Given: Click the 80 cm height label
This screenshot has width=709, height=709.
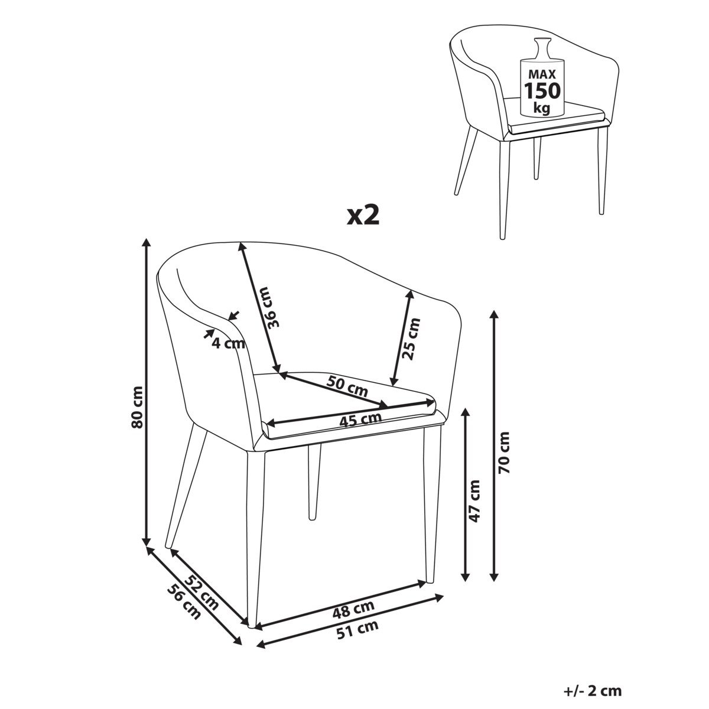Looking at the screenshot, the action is pyautogui.click(x=137, y=407).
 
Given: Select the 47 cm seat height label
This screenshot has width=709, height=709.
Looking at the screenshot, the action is pyautogui.click(x=474, y=501).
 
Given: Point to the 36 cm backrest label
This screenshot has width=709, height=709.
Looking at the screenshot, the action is pyautogui.click(x=272, y=308).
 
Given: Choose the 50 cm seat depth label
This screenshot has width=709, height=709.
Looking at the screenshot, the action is pyautogui.click(x=347, y=386).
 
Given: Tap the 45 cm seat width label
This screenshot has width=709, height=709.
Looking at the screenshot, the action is pyautogui.click(x=360, y=420).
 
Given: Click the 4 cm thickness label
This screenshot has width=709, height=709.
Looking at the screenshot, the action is pyautogui.click(x=228, y=344).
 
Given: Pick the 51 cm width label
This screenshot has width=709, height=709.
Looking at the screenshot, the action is pyautogui.click(x=357, y=629).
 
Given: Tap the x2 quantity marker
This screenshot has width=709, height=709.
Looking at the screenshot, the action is pyautogui.click(x=363, y=216).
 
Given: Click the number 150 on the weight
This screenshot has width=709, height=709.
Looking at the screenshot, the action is pyautogui.click(x=542, y=90).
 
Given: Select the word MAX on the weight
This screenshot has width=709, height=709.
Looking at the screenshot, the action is pyautogui.click(x=542, y=74).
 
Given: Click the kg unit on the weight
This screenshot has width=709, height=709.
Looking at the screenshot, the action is pyautogui.click(x=542, y=108).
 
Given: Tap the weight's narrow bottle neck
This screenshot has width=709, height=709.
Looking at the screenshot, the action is pyautogui.click(x=543, y=48).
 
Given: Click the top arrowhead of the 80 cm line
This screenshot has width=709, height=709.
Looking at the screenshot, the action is pyautogui.click(x=147, y=243).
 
